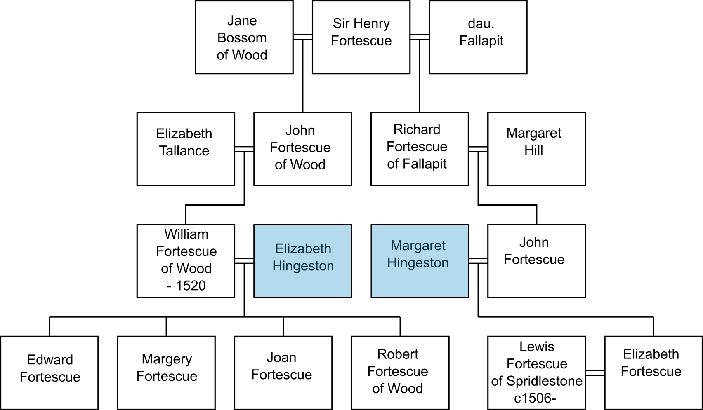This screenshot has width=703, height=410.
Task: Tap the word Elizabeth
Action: (303, 249)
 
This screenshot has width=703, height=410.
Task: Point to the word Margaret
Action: (418, 246)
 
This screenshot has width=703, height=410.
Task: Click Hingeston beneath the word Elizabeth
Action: (303, 266)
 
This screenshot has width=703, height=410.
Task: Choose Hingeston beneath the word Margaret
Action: (418, 263)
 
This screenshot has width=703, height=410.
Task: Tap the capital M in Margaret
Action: (396, 246)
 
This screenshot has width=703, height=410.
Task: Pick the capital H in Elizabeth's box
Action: (277, 266)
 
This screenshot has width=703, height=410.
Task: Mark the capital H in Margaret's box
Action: (392, 263)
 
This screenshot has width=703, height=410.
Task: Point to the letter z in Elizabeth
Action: (293, 249)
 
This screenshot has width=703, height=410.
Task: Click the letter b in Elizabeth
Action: (307, 249)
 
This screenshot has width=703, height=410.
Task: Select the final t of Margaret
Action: (444, 246)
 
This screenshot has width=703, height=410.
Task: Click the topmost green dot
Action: (171, 355)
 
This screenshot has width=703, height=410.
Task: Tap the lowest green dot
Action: (170, 382)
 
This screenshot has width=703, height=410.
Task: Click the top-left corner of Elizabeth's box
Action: (255, 226)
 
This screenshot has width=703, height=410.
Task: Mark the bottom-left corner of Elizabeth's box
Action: (255, 296)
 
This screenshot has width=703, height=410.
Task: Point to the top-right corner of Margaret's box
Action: (467, 226)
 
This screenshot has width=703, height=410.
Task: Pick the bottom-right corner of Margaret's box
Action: (467, 296)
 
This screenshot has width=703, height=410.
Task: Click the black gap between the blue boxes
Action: (361, 261)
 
